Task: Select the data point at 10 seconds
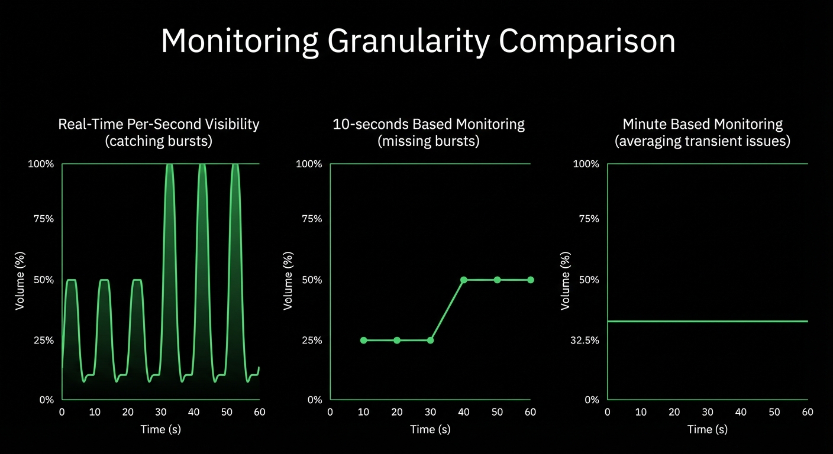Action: [363, 340]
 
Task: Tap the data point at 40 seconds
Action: [464, 280]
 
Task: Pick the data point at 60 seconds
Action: [531, 280]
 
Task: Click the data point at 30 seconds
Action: [430, 340]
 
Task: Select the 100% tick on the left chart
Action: [41, 164]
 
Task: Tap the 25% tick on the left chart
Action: [43, 340]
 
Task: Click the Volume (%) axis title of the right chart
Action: [566, 281]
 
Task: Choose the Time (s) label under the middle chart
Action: [430, 430]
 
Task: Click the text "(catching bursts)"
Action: [159, 142]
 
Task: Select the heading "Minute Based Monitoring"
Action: [702, 124]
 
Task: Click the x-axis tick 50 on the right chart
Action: [774, 412]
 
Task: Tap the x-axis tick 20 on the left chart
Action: [128, 412]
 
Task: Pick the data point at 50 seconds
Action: [497, 280]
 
